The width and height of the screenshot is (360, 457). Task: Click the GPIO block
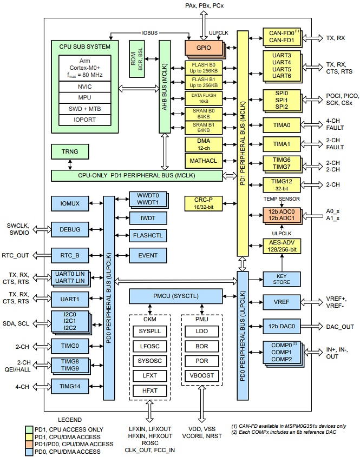coord(204,47)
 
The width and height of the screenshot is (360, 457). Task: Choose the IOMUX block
coord(69,203)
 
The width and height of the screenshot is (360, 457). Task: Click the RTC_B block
coord(69,255)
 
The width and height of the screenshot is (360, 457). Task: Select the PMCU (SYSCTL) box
coord(176,296)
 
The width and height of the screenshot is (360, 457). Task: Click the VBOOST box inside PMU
coord(201,375)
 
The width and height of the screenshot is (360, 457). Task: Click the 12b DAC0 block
coord(281,326)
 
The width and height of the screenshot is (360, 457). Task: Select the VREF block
coord(281,301)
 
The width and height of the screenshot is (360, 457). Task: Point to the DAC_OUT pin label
coord(340,327)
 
